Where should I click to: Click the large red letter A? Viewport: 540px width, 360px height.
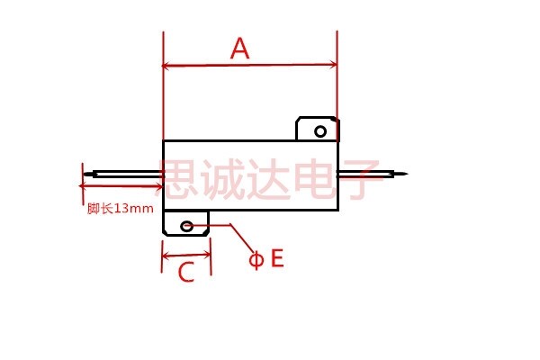pyautogui.click(x=239, y=48)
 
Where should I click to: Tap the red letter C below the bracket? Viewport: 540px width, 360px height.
pyautogui.click(x=186, y=272)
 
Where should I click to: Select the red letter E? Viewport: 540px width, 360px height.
pyautogui.click(x=277, y=258)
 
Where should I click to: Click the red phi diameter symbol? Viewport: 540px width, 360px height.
pyautogui.click(x=256, y=260)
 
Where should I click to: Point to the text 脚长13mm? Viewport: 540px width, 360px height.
pyautogui.click(x=121, y=209)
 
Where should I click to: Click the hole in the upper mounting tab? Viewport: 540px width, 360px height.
pyautogui.click(x=320, y=131)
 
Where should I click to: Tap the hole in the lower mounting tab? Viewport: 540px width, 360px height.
pyautogui.click(x=186, y=226)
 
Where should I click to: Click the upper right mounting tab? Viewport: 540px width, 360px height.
pyautogui.click(x=318, y=130)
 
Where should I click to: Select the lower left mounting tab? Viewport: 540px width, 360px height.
pyautogui.click(x=186, y=223)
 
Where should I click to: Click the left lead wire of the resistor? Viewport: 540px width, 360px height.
pyautogui.click(x=123, y=175)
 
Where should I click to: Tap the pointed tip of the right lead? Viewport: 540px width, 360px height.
pyautogui.click(x=407, y=174)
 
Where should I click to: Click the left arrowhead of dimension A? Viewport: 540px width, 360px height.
pyautogui.click(x=166, y=66)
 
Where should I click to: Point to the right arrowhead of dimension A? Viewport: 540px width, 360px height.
pyautogui.click(x=333, y=65)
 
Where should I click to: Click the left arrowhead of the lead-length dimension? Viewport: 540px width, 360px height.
pyautogui.click(x=82, y=186)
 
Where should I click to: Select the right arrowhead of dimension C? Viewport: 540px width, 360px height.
pyautogui.click(x=207, y=255)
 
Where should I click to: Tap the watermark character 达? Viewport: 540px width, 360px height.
pyautogui.click(x=267, y=179)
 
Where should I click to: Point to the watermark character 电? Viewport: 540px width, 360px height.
pyautogui.click(x=313, y=178)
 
